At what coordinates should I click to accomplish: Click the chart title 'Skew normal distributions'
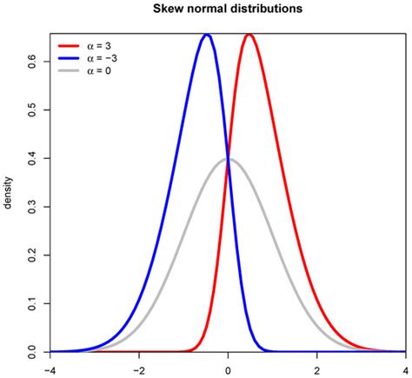[x=229, y=10]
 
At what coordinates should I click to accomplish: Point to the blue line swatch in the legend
[x=72, y=57]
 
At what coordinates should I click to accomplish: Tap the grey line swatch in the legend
[x=72, y=70]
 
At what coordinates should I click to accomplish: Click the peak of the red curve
[x=249, y=35]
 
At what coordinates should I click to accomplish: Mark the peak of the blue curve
[x=206, y=35]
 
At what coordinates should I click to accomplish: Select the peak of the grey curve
[x=228, y=159]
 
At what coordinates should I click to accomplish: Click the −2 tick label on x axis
[x=139, y=368]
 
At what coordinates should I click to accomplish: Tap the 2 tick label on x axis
[x=317, y=368]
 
